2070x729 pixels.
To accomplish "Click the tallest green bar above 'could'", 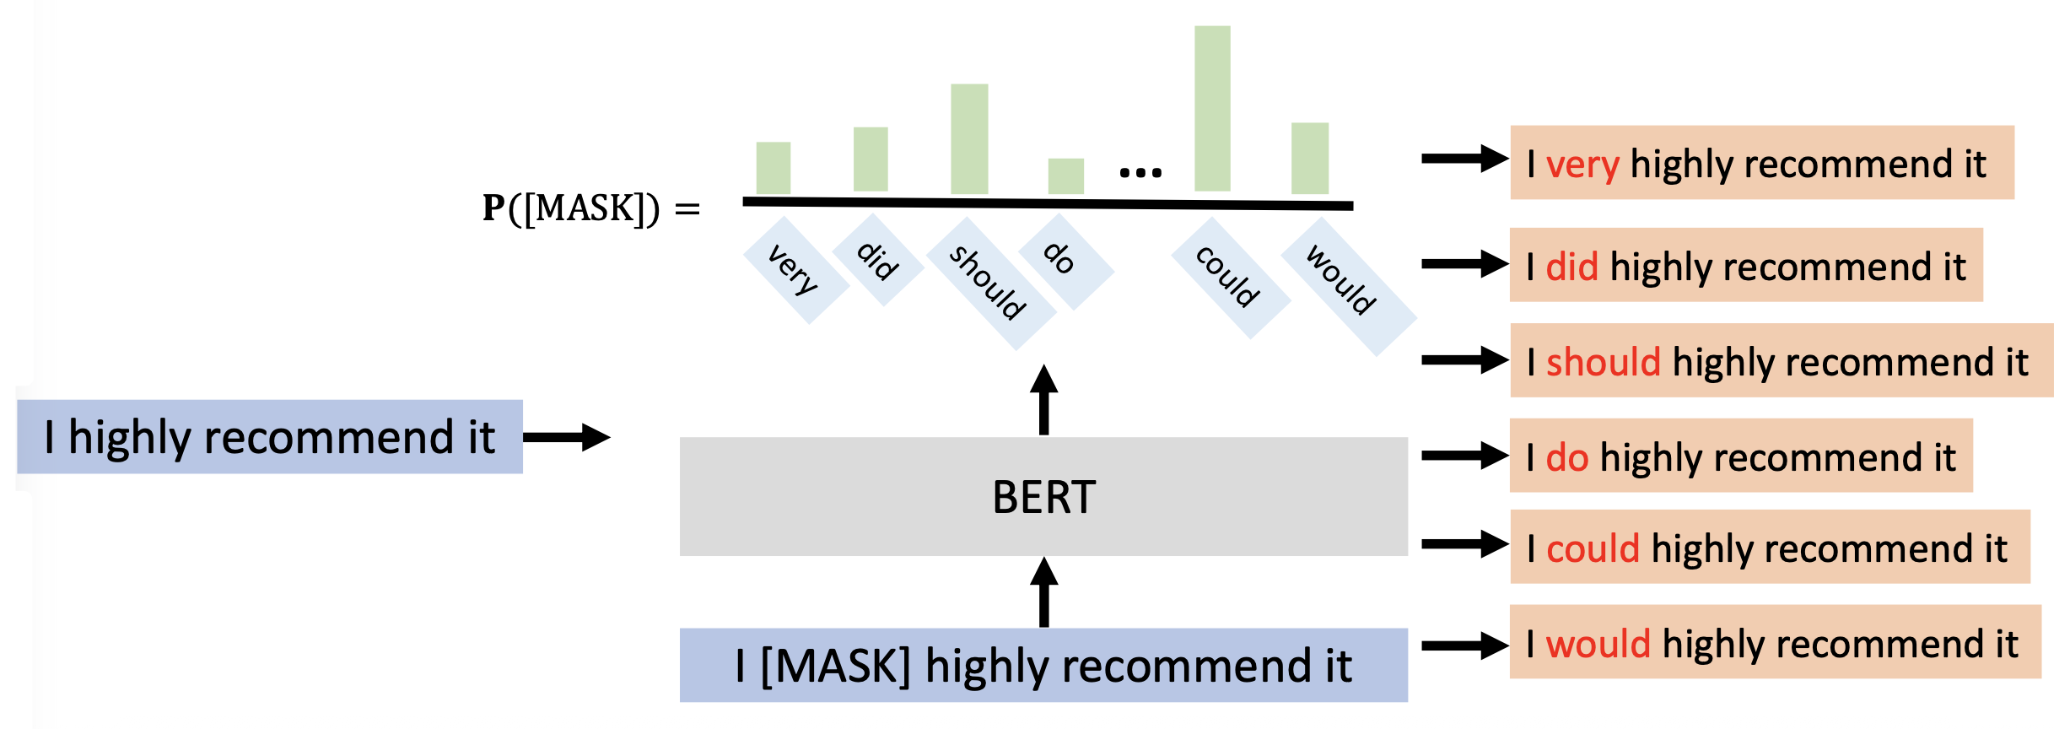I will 1212,108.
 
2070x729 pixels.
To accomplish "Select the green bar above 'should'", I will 969,139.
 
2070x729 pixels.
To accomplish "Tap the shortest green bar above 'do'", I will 1065,175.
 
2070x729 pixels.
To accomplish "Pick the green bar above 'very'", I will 773,168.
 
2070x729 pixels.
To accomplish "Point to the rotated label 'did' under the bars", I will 877,260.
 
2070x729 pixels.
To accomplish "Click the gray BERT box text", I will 1043,497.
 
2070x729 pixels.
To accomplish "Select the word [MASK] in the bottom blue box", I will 835,666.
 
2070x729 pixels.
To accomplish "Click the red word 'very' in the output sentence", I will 1582,165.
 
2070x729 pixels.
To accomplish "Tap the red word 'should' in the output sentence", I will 1603,362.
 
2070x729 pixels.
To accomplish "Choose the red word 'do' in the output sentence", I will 1567,457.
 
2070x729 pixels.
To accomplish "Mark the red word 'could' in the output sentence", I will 1593,548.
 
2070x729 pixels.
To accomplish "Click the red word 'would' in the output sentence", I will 1598,644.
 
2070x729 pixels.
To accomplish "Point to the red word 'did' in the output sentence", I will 1571,267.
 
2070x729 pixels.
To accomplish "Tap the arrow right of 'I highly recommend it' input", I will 566,437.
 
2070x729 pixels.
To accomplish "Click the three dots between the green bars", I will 1140,173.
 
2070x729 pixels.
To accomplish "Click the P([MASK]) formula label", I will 590,208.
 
